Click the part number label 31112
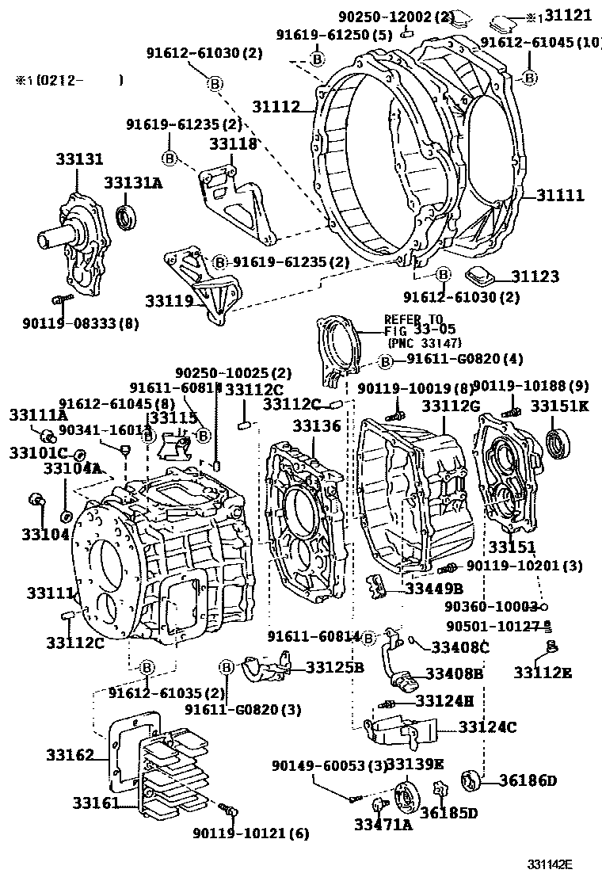click(x=276, y=106)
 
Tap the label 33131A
click(x=134, y=183)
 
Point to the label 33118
click(x=234, y=144)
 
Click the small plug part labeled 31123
click(x=478, y=277)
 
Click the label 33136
click(x=316, y=426)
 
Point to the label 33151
click(x=512, y=547)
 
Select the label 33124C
click(x=487, y=727)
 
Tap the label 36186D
click(x=528, y=780)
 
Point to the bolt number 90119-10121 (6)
click(x=251, y=833)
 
